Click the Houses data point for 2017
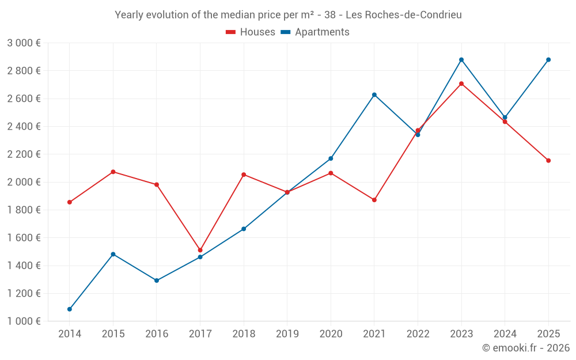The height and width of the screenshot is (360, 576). [x=200, y=250]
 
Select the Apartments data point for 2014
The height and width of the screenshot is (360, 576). [x=70, y=309]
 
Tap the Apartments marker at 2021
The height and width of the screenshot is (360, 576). [x=374, y=94]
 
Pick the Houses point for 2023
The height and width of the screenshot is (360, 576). [x=461, y=84]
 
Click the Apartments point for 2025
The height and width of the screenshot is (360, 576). [x=548, y=60]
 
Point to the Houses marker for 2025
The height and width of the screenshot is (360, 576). [x=548, y=161]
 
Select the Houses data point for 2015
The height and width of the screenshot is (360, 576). [x=113, y=172]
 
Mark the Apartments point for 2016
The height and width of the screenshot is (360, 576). [x=157, y=281]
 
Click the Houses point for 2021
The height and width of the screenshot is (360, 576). [x=374, y=200]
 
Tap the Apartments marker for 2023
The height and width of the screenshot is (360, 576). [x=461, y=60]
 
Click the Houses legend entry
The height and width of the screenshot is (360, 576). [x=251, y=32]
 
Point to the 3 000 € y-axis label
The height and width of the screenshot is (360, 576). [x=24, y=43]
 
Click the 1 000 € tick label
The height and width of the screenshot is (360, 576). [x=24, y=321]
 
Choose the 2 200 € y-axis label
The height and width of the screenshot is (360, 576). [x=24, y=154]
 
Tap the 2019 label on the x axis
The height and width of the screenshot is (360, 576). [x=287, y=334]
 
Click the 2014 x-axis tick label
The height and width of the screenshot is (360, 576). [x=70, y=334]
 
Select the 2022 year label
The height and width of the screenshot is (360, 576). [x=418, y=334]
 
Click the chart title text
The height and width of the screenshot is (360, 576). [x=288, y=15]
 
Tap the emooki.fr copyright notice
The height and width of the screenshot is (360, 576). [x=525, y=348]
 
